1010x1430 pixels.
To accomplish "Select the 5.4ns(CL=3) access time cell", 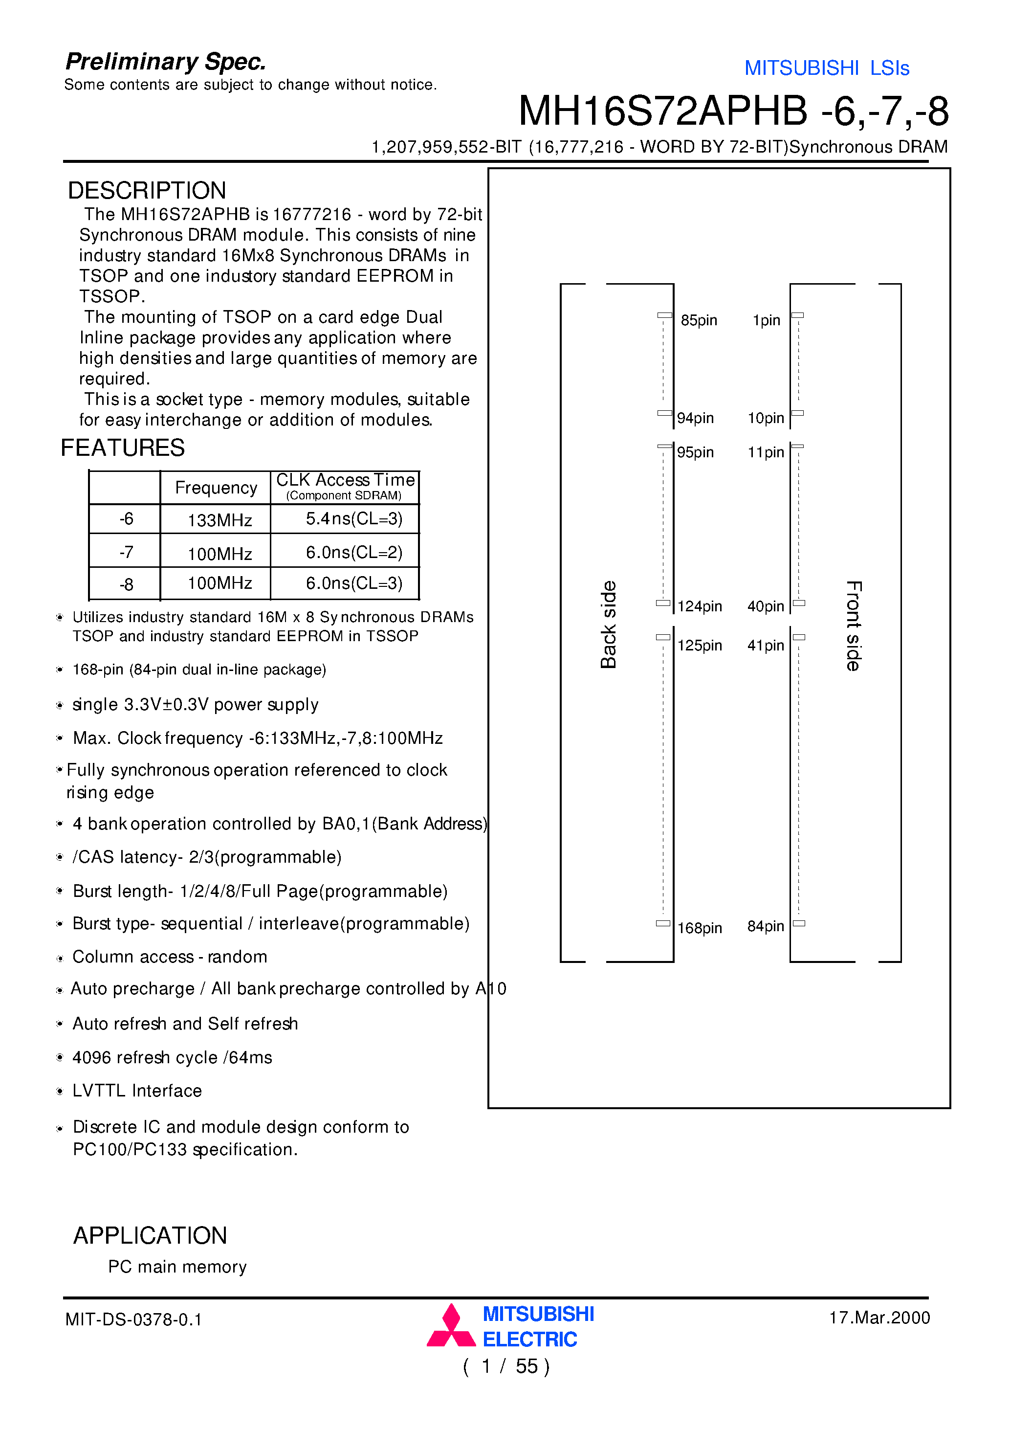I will click(353, 518).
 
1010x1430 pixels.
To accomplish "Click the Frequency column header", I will click(216, 488).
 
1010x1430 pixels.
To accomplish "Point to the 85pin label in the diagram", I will click(698, 320).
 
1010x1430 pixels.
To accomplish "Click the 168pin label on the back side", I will click(699, 928).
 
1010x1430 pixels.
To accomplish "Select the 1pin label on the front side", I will click(766, 320).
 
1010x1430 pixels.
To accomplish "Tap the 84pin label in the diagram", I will click(765, 926).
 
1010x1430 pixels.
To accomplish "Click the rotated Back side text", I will click(608, 625).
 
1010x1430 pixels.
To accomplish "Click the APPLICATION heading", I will click(150, 1235).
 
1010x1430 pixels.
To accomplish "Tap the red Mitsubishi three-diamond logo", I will click(451, 1327).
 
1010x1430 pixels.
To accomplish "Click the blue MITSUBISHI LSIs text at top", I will click(826, 68).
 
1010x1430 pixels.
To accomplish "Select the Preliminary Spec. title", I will click(166, 62).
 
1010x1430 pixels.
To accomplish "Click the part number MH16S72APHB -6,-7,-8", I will click(733, 112).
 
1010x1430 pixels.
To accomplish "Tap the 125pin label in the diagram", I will click(699, 645).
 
